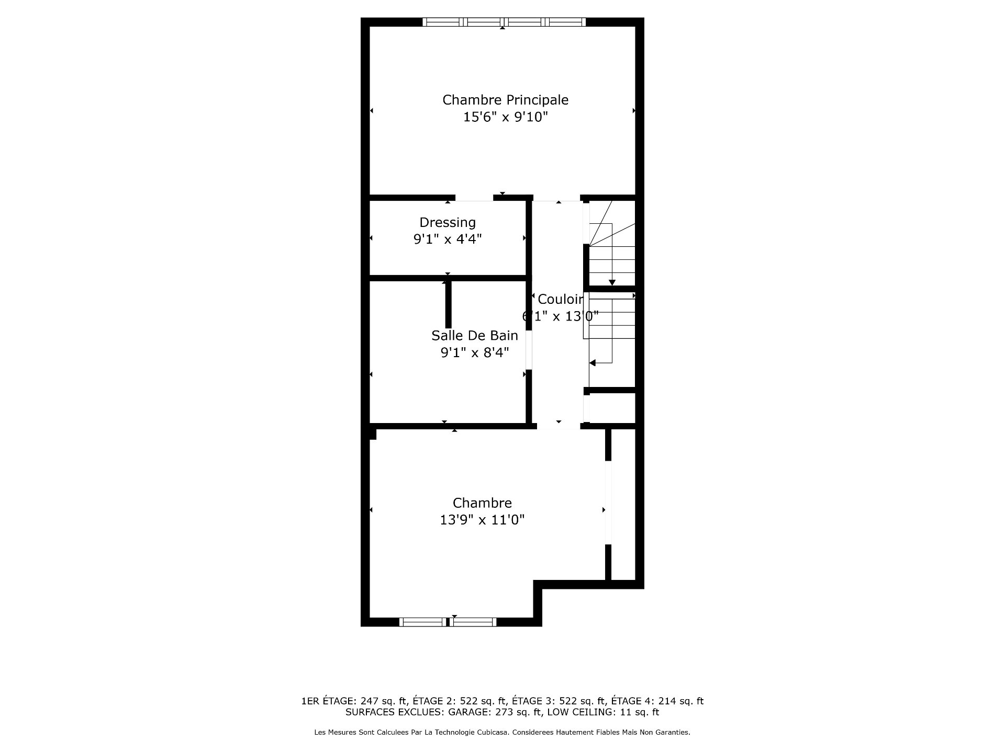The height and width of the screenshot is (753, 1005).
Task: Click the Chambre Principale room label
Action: pos(505,100)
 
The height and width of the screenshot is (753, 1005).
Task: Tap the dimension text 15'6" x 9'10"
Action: pos(505,117)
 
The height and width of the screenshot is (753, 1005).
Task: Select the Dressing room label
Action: pos(448,223)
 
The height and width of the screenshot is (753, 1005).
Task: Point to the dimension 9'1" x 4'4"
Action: pos(448,239)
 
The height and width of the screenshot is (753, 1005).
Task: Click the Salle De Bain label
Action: pos(475,336)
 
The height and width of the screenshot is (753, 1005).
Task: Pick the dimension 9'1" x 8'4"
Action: pos(475,353)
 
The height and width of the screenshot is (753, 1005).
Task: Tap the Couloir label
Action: pos(561,299)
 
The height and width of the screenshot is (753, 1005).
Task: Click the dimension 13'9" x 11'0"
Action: pos(482,520)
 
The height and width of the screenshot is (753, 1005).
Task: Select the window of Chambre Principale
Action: pos(504,22)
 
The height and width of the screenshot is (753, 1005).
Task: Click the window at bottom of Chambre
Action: pos(448,622)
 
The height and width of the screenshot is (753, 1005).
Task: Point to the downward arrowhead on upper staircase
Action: pos(612,283)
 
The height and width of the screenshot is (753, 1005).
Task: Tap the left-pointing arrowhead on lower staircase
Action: pos(593,363)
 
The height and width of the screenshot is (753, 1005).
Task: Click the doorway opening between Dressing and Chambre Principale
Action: pos(474,198)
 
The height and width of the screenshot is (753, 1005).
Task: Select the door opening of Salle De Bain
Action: pos(529,350)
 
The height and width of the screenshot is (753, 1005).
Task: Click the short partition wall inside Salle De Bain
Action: pos(448,305)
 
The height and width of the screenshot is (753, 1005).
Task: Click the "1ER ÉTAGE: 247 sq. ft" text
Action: pos(354,701)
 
